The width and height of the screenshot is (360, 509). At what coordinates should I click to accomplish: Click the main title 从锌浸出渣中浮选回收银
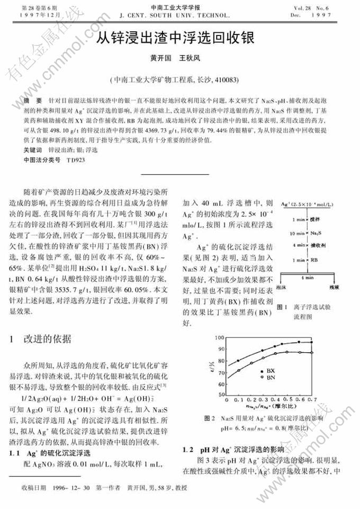tap(175, 38)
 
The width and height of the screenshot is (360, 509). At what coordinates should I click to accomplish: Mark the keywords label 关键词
tap(32, 150)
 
